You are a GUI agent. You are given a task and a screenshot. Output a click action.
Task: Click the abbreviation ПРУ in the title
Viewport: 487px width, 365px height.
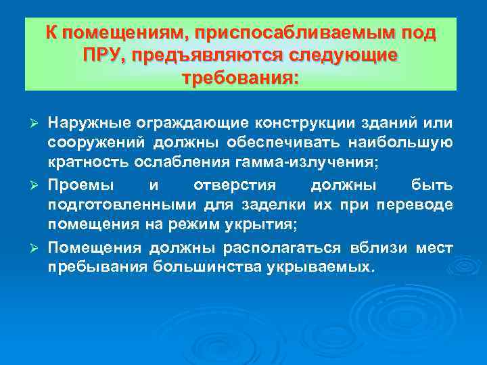point(99,55)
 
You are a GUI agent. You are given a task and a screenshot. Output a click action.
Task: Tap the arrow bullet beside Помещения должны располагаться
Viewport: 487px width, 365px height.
point(39,248)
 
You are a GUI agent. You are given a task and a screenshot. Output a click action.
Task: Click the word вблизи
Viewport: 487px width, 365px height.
point(377,247)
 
